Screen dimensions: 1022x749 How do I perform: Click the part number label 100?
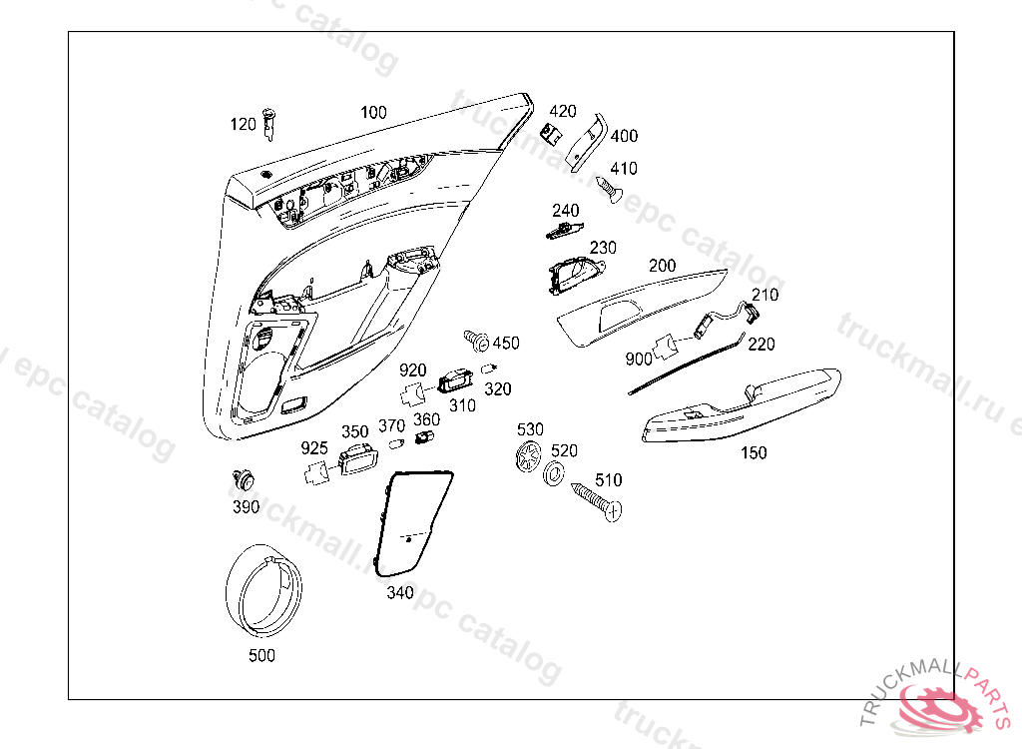(373, 113)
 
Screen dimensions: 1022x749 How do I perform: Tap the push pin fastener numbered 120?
(268, 125)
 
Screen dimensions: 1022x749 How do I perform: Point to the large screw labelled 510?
(597, 499)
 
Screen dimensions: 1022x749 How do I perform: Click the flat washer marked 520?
(553, 472)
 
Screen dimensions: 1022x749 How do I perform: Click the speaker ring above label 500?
(261, 592)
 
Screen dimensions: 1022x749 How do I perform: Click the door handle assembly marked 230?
(574, 275)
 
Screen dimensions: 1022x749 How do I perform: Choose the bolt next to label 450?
(476, 341)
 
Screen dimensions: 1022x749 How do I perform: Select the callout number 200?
(662, 266)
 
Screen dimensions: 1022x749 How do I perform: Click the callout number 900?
(638, 359)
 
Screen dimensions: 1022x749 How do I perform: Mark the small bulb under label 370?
(394, 443)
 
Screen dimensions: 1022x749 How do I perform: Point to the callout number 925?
(314, 448)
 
